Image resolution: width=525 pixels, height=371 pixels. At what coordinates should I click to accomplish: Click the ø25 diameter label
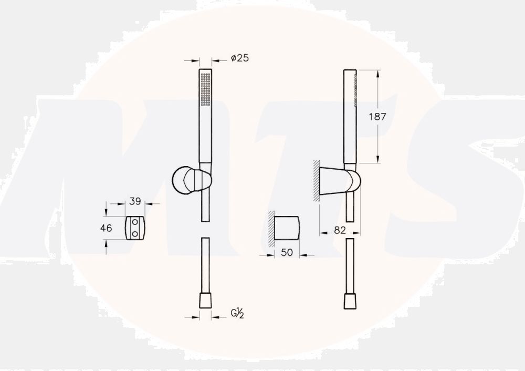click(240, 58)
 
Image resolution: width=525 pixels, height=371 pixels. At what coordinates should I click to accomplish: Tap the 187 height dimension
click(377, 117)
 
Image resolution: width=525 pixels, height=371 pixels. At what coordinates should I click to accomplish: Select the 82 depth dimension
click(340, 230)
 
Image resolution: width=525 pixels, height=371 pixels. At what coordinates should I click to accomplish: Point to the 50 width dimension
click(287, 252)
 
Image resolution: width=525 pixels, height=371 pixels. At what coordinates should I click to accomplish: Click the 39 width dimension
click(135, 201)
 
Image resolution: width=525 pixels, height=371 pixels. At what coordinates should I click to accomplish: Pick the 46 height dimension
click(106, 228)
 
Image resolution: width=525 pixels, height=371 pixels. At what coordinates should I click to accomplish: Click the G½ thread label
click(237, 313)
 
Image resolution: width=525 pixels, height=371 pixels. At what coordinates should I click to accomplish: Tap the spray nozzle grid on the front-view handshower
click(205, 89)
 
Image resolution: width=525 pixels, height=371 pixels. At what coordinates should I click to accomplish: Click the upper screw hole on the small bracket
click(135, 222)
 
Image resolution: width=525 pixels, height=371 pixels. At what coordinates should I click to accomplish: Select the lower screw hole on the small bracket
click(135, 234)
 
